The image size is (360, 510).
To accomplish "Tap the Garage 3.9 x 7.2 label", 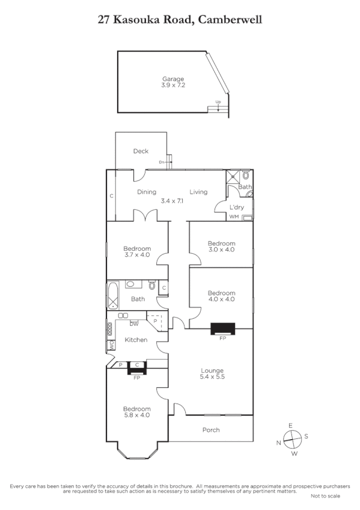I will pos(173,82).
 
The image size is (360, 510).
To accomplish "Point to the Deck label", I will pos(141,152).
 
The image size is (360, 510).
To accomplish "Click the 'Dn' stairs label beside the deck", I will pos(162,162).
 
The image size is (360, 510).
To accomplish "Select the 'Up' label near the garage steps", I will pos(218,102).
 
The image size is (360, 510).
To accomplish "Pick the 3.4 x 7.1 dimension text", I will pos(172,201).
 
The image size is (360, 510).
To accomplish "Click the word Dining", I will pos(147,192).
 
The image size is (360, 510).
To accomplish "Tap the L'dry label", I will pos(236,207).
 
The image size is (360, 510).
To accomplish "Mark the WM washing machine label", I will pos(234,217).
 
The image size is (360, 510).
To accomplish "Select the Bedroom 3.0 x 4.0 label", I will pos(221,247).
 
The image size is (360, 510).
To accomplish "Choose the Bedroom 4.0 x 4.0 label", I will pos(221,295).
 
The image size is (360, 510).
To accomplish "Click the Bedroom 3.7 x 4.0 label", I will pos(137,251).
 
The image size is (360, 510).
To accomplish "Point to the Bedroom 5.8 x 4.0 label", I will pos(137,412).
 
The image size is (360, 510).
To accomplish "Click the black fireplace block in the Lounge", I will pos(223,328).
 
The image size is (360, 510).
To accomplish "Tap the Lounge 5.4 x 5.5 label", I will pos(212,373).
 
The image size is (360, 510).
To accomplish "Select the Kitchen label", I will pos(136,340).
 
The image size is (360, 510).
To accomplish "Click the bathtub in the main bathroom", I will pos(114,296).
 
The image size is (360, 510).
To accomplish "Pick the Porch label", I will pos(211,430).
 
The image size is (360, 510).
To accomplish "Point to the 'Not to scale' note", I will pos(325,496).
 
